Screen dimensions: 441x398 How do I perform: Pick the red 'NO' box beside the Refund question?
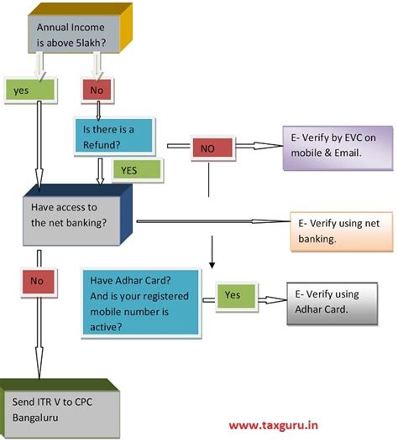coord(206,149)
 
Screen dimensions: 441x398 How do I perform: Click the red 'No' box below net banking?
coord(36,281)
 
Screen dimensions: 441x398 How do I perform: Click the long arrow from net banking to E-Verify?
coord(210,222)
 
